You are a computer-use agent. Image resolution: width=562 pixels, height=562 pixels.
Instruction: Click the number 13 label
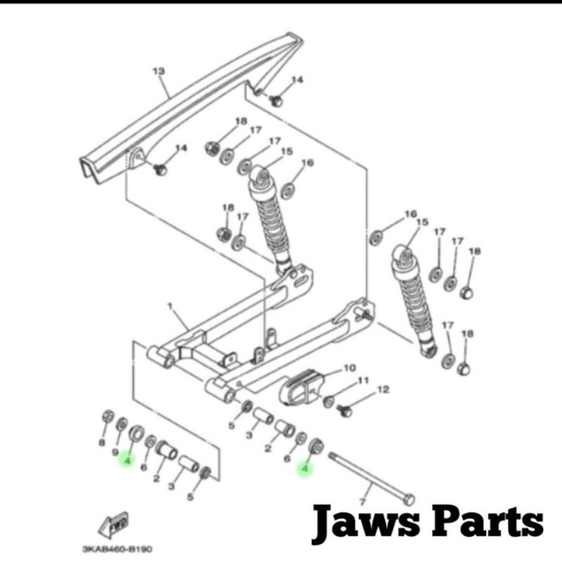[x=158, y=71]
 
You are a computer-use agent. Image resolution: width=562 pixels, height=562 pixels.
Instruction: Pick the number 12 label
[x=381, y=392]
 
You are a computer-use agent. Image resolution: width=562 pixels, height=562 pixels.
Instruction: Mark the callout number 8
[x=101, y=443]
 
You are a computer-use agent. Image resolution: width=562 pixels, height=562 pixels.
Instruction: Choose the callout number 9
[x=115, y=451]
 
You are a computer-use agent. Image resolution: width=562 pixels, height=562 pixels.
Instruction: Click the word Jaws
[x=364, y=523]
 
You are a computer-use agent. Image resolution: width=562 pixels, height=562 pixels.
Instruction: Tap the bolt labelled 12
[x=345, y=405]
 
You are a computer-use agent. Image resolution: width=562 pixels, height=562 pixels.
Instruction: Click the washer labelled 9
[x=122, y=423]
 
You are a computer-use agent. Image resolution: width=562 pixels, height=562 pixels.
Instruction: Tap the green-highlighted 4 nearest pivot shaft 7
[x=306, y=468]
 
